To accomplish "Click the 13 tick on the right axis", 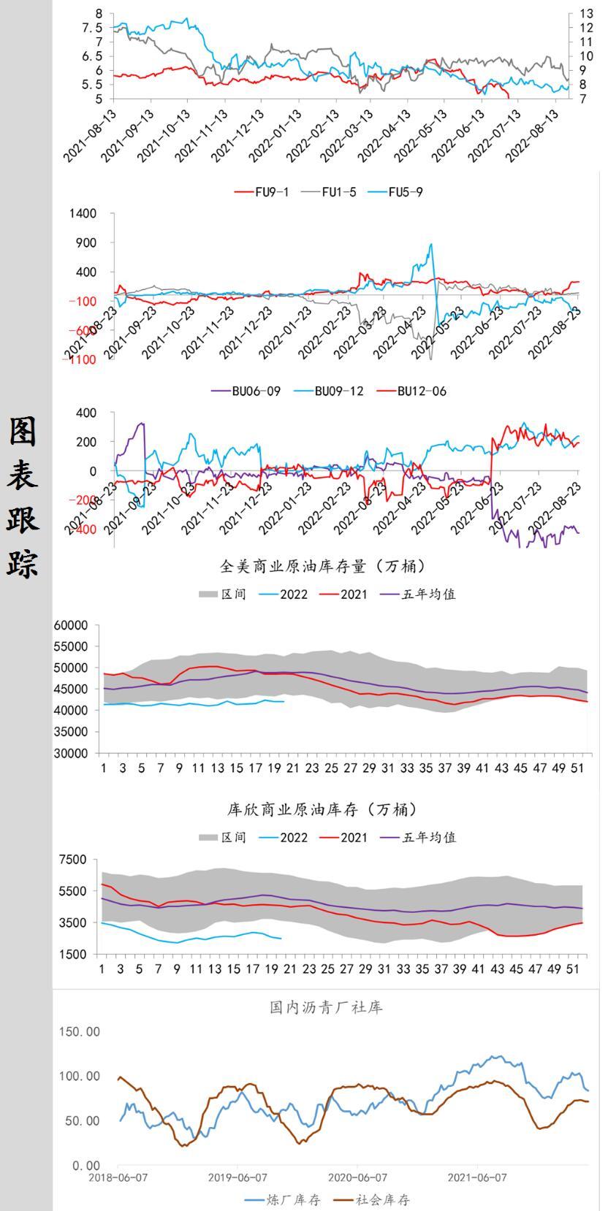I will pyautogui.click(x=586, y=14).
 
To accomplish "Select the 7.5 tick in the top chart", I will pyautogui.click(x=93, y=28).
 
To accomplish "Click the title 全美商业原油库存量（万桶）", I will pyautogui.click(x=322, y=566).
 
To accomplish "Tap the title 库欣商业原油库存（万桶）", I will pyautogui.click(x=322, y=809).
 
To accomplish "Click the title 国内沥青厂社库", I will pyautogui.click(x=326, y=1007).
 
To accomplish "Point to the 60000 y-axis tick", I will pyautogui.click(x=71, y=625).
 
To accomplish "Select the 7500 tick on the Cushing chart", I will pyautogui.click(x=75, y=860).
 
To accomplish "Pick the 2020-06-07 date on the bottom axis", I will pyautogui.click(x=357, y=1177).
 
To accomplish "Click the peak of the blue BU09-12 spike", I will pyautogui.click(x=431, y=245).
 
